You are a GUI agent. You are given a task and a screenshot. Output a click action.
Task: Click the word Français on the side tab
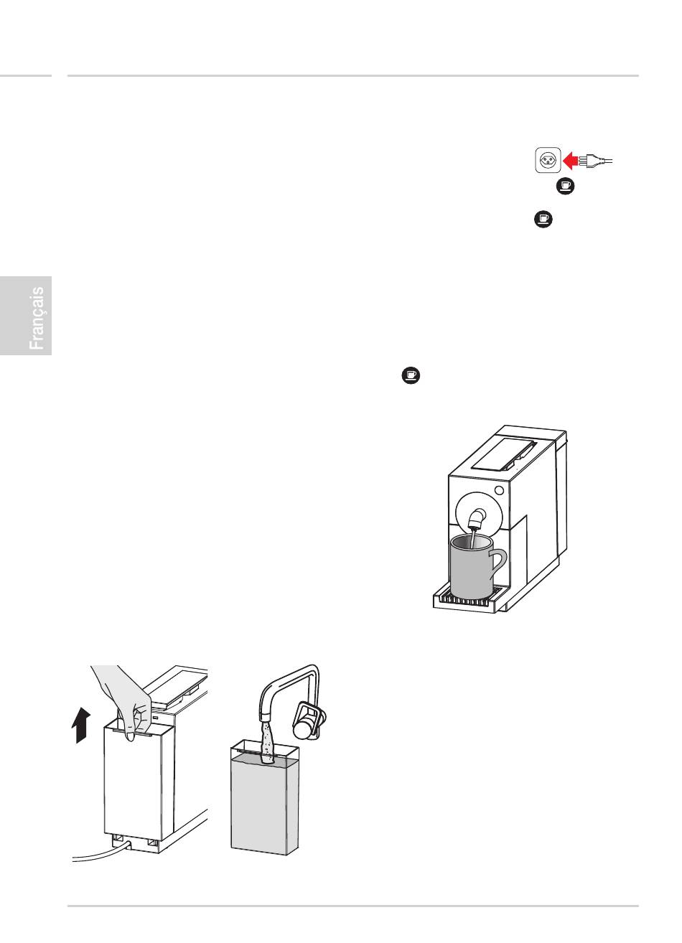37,318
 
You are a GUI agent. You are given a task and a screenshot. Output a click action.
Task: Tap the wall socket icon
548,160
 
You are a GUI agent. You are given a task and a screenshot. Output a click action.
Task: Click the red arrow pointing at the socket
571,161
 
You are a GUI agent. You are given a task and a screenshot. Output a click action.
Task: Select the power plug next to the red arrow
596,160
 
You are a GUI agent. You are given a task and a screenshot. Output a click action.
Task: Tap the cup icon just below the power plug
565,186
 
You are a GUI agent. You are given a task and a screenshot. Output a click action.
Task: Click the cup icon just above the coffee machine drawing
411,375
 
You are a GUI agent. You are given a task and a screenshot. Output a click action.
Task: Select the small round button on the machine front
499,490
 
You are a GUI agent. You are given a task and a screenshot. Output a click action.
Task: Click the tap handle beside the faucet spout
310,722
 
